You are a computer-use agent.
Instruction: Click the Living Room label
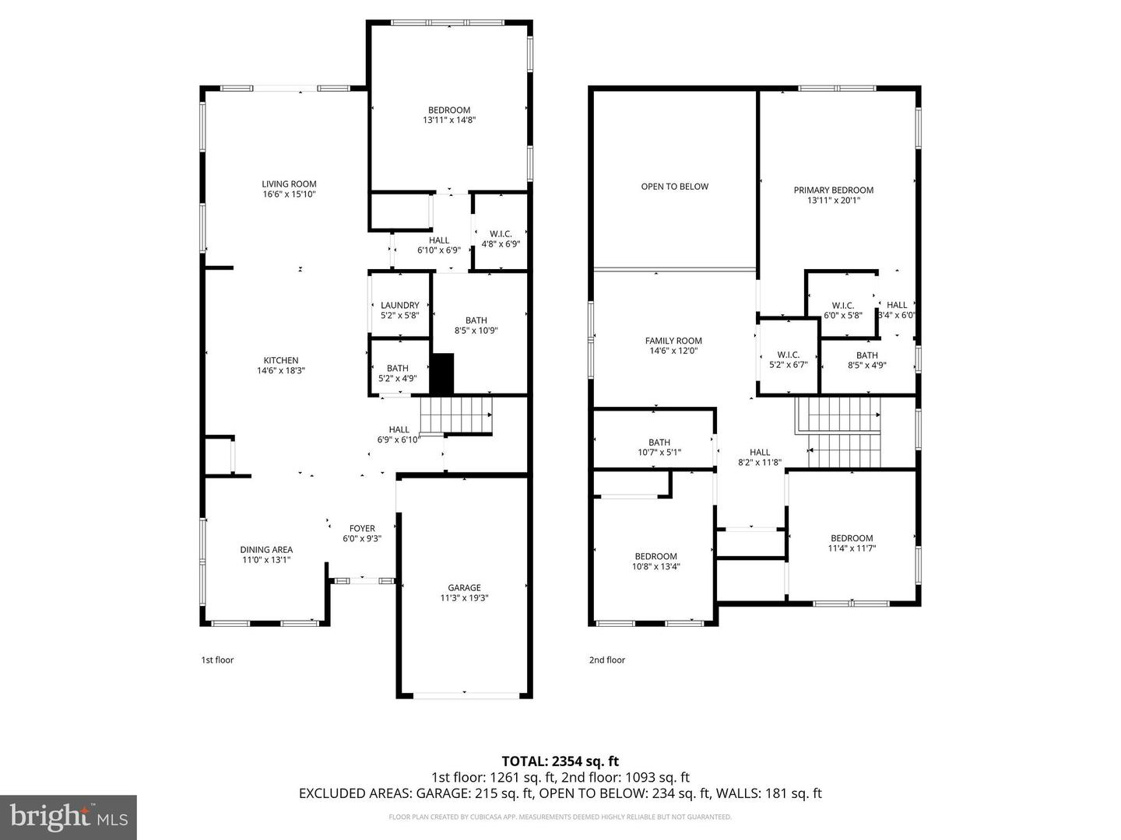(289, 184)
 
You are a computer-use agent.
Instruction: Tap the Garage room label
(464, 588)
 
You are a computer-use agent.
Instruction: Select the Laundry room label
(400, 306)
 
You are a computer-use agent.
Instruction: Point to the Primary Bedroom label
(833, 190)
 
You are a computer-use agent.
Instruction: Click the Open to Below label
(674, 187)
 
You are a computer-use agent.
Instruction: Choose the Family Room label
(673, 341)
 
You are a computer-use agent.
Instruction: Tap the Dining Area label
(266, 550)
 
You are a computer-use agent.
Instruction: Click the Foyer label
(362, 529)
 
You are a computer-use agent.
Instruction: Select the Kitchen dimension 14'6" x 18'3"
(281, 371)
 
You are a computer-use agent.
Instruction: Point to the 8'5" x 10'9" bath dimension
(476, 331)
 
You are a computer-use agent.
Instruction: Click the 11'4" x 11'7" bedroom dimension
(852, 548)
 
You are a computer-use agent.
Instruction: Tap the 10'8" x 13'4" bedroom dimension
(655, 566)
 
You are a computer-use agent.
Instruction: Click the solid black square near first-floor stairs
(442, 373)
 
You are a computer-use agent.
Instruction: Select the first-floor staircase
(456, 415)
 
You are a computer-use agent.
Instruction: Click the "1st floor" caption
(217, 660)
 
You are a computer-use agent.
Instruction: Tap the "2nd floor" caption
(606, 660)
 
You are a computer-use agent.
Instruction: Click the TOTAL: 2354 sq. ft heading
(560, 761)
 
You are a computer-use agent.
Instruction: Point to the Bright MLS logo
(69, 817)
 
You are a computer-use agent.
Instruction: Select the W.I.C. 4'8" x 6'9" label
(501, 239)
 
